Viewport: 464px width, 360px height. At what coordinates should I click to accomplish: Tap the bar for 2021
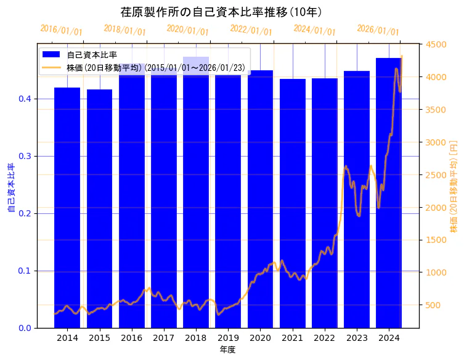click(x=293, y=203)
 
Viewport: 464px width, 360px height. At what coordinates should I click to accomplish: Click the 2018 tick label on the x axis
click(x=196, y=338)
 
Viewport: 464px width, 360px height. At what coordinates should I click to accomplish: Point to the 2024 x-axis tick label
click(x=389, y=338)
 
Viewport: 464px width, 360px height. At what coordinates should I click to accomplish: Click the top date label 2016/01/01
click(x=61, y=30)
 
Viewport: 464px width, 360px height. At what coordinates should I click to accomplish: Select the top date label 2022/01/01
click(x=251, y=30)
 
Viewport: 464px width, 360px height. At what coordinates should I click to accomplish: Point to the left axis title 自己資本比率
click(x=10, y=187)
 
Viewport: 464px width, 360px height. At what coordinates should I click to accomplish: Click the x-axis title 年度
click(x=227, y=350)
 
